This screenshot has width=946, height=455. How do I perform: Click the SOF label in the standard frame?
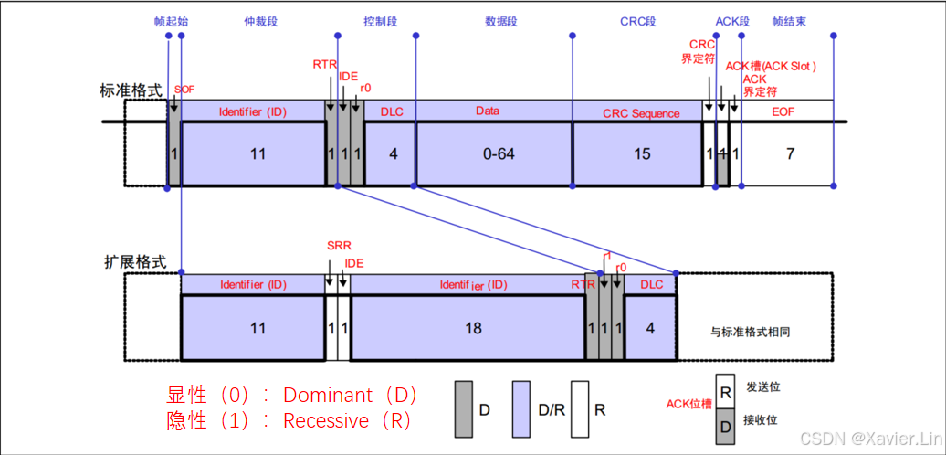[184, 89]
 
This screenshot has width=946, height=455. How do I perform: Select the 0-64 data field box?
[494, 153]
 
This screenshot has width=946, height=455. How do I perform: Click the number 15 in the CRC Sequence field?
[642, 153]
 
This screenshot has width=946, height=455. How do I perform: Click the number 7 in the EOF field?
[790, 153]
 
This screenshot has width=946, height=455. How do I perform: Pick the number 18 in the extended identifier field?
[472, 327]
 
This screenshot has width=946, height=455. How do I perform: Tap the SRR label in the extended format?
[338, 246]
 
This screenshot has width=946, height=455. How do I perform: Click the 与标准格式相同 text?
[750, 332]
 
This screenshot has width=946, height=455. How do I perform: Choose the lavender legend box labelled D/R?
[522, 408]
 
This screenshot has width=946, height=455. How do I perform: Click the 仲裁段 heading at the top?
[261, 20]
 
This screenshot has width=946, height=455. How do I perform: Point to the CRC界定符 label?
[702, 51]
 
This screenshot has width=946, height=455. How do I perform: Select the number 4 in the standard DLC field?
[394, 153]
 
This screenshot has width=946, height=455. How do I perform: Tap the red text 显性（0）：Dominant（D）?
[291, 396]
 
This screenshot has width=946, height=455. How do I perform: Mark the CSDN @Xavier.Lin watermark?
[868, 439]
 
